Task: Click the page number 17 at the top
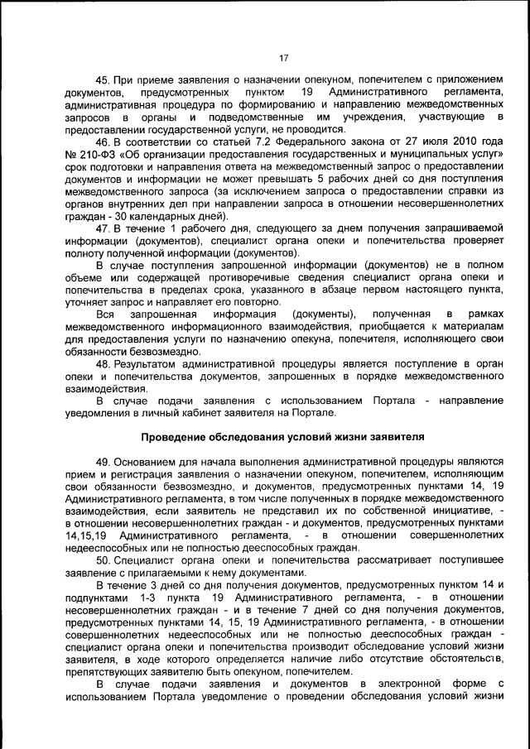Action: pos(283,58)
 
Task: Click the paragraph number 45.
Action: pos(104,79)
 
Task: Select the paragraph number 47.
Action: pos(104,228)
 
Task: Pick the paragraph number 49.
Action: pos(104,462)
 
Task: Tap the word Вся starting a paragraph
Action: pos(105,314)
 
